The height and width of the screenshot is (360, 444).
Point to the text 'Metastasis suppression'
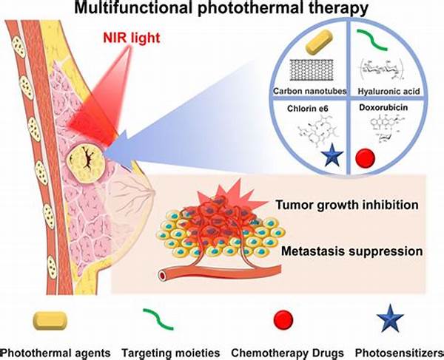[352, 251]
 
